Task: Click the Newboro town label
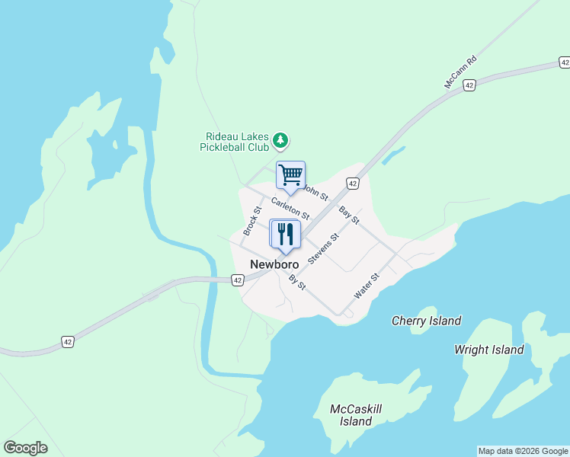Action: pos(274,264)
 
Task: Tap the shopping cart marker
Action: pos(290,175)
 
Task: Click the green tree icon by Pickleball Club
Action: pos(281,140)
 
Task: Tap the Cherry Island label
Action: pos(426,321)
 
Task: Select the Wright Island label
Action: pos(488,350)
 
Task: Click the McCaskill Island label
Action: pos(356,415)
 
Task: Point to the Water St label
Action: pos(367,286)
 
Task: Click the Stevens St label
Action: pos(323,248)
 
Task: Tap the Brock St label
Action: pos(251,220)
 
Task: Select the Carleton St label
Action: pos(290,209)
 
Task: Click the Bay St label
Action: pos(349,214)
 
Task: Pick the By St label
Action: pos(297,282)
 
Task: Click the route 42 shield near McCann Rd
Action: pos(469,85)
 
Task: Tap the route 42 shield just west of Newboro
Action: pos(237,280)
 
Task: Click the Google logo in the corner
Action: pos(25,447)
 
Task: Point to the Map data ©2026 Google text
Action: pos(523,451)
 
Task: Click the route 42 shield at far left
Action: pos(69,342)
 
